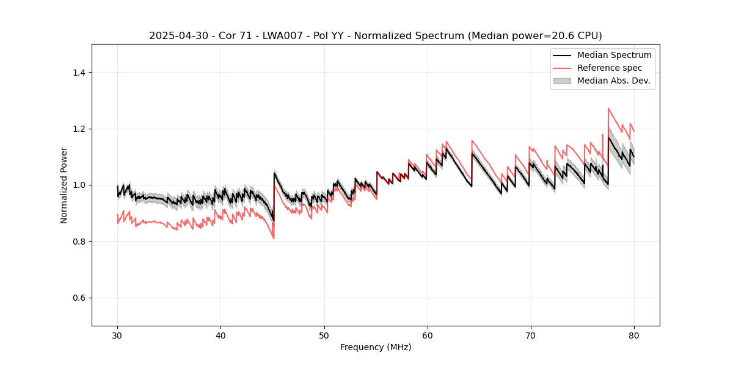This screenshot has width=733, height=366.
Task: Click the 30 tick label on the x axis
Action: point(117,335)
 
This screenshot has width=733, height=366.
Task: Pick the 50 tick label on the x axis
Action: point(324,335)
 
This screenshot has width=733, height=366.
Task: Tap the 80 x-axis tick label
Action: point(634,335)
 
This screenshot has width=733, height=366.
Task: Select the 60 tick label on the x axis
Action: point(427,335)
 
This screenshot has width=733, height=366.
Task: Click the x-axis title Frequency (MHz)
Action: point(376,347)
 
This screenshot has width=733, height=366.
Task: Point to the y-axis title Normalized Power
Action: point(64,185)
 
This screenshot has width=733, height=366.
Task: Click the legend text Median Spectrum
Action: point(614,55)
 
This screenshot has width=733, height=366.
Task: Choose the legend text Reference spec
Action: point(609,68)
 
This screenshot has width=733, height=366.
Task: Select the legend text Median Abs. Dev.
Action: point(613,81)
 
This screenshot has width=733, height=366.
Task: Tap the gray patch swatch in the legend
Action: point(562,81)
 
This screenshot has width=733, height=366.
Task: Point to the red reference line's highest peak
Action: point(608,109)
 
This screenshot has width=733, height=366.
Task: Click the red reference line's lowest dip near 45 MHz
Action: point(274,239)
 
